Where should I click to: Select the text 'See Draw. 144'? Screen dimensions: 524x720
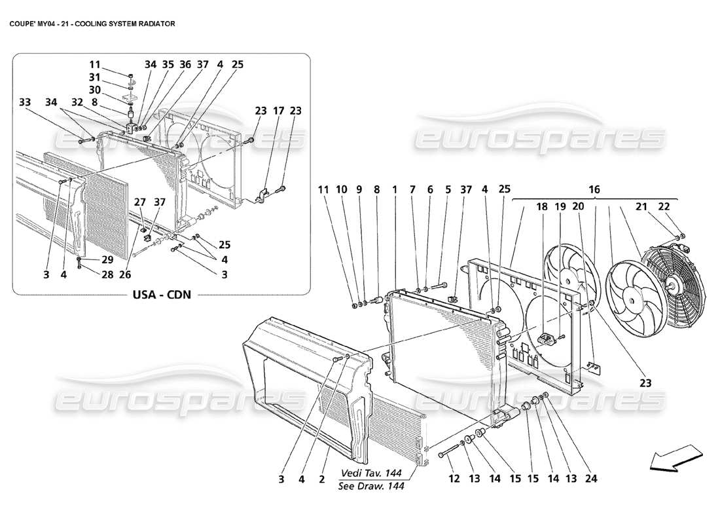click(372, 485)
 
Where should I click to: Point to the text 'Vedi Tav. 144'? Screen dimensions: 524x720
click(372, 473)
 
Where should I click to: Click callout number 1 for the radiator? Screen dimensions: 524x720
click(395, 190)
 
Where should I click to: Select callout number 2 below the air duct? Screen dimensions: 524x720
click(321, 479)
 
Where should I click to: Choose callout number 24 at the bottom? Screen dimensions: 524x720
click(592, 479)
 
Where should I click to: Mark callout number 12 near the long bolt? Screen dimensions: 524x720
click(453, 479)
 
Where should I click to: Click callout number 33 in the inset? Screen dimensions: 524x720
click(25, 102)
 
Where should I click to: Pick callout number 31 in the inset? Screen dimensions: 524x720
click(96, 77)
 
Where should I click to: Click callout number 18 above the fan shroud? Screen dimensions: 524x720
click(542, 206)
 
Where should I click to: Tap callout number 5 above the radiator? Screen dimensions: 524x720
click(448, 190)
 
